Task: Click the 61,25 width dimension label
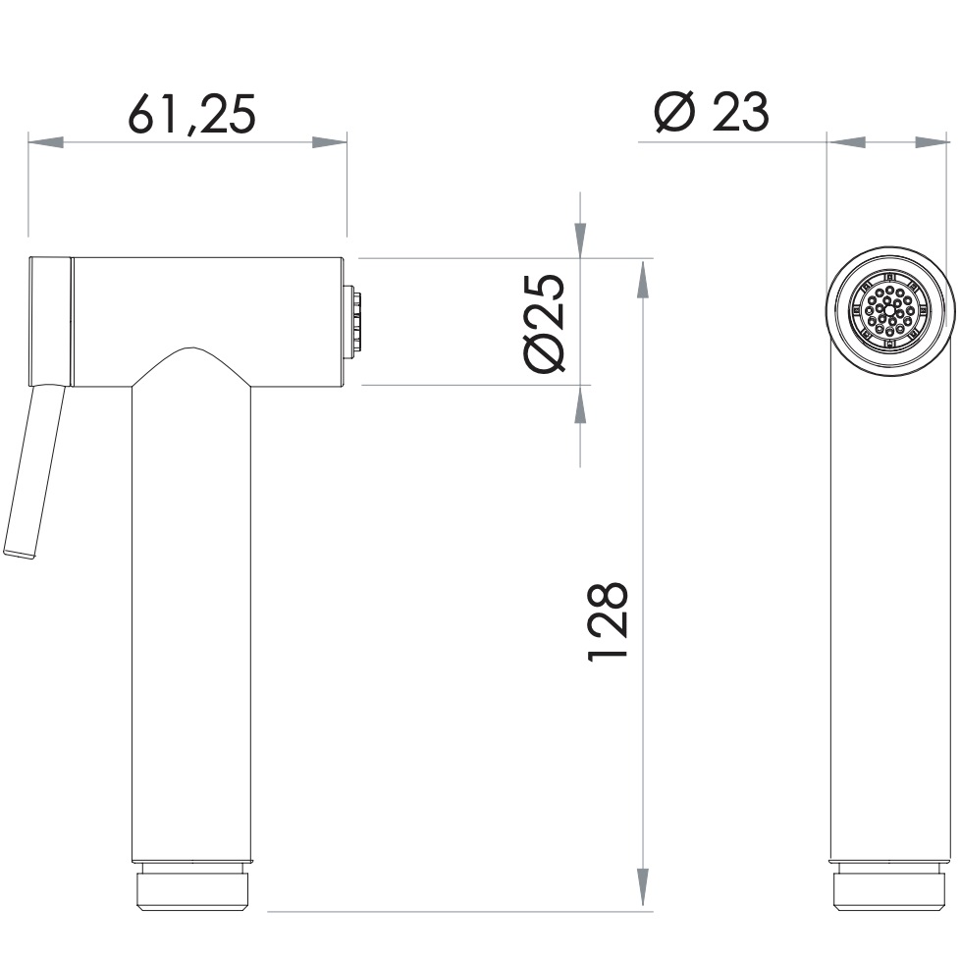pos(191,114)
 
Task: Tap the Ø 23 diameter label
pos(712,112)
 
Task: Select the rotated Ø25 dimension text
pos(544,323)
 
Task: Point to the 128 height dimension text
pos(608,621)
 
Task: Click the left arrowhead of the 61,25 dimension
pos(46,142)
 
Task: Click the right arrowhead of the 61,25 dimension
pos(330,142)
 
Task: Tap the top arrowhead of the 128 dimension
pos(642,279)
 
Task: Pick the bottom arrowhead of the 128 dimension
pos(642,886)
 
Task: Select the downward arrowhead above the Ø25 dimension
pos(580,240)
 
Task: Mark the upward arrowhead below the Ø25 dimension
pos(580,404)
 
